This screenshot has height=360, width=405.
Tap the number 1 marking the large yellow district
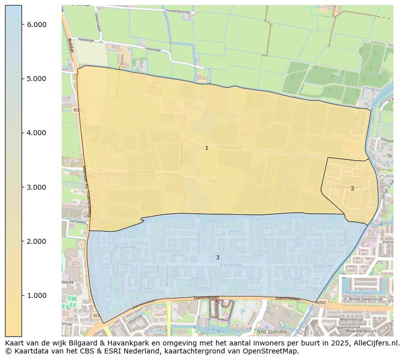point(207,148)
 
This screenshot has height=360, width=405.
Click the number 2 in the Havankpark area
point(352,189)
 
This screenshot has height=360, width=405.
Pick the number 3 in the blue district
point(218,257)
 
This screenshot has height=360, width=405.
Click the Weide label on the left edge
point(68,282)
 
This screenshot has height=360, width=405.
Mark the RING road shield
point(321,302)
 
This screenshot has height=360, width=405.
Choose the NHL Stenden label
point(271,331)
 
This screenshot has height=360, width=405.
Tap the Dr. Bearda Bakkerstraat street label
point(367,299)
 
